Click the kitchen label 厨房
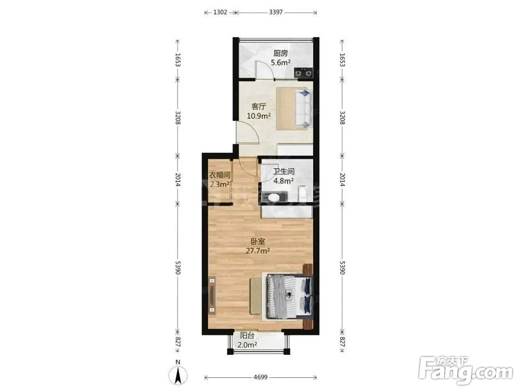coord(280,53)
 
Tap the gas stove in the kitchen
coord(303,73)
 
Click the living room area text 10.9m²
coord(258,116)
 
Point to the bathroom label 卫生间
coord(283,171)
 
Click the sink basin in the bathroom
coord(274,198)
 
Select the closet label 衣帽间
coord(219,175)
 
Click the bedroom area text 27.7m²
coord(258,251)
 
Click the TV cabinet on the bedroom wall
coord(212,295)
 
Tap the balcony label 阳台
coord(247,336)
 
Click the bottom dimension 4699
coord(260,377)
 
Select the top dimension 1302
coord(220,13)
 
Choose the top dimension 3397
coord(276,13)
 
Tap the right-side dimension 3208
coord(342,118)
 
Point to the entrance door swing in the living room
coord(248,133)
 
